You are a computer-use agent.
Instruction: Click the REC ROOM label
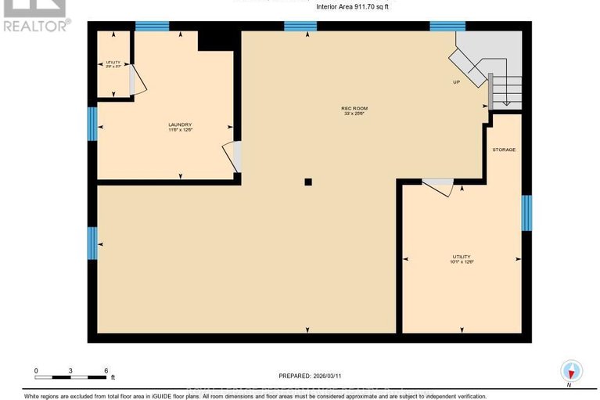354,108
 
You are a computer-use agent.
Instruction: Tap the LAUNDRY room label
180,124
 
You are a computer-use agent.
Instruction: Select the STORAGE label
504,150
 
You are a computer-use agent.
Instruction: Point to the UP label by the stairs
456,82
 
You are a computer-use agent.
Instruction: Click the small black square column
308,182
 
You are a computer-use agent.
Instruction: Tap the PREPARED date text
311,376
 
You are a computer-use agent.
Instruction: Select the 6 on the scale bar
106,370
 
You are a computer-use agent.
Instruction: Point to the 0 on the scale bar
36,370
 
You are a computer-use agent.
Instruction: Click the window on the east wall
526,213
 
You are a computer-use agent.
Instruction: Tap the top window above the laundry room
152,27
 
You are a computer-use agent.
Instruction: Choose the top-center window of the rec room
300,27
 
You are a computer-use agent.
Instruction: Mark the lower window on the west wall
92,243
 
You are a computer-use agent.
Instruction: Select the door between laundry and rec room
233,157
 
